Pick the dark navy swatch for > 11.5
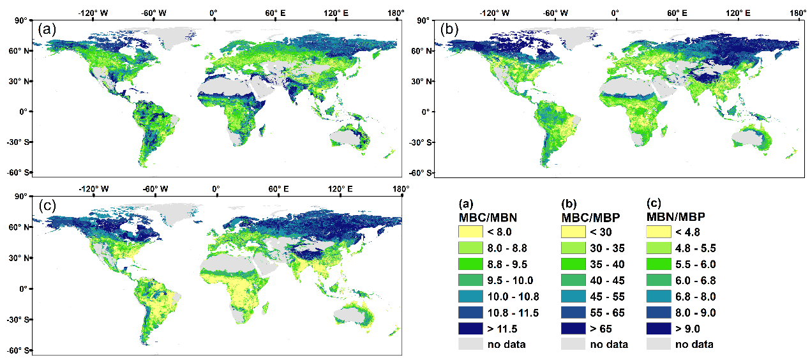(470, 328)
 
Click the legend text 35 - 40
(607, 264)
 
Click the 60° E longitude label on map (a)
(275, 12)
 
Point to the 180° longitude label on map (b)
(798, 12)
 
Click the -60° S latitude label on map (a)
(15, 172)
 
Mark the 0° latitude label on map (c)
(22, 289)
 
